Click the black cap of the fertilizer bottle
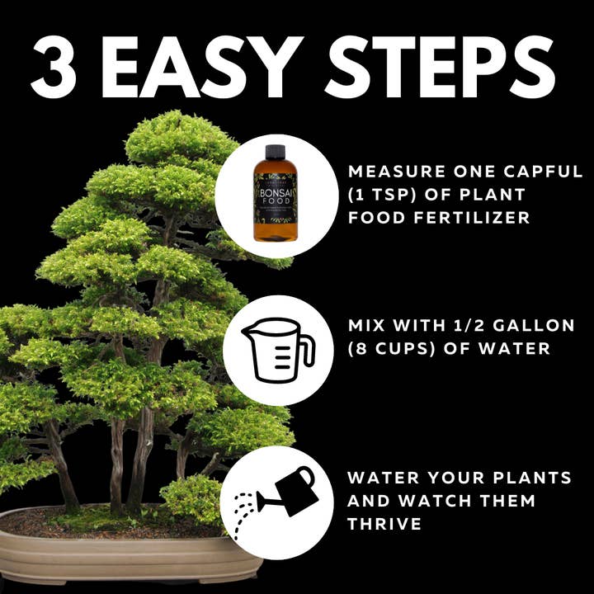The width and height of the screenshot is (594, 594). [275, 153]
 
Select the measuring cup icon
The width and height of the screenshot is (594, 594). [277, 350]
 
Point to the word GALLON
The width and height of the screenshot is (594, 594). [540, 325]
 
